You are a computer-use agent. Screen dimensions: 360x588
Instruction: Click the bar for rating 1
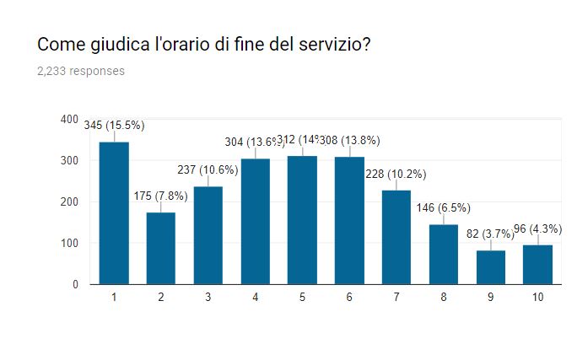[x=114, y=213]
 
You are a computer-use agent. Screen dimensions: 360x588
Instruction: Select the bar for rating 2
[x=161, y=249]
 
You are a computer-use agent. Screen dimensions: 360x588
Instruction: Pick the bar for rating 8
[x=443, y=255]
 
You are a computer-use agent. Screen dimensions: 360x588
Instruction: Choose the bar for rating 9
[x=490, y=267]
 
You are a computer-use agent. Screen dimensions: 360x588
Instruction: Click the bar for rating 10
[x=537, y=265]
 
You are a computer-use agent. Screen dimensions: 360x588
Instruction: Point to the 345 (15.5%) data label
[x=115, y=126]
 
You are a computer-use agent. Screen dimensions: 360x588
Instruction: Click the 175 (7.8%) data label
[x=161, y=196]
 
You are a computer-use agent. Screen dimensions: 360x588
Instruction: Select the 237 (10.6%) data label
[x=208, y=169]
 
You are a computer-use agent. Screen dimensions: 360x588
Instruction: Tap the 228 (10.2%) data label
[x=396, y=175]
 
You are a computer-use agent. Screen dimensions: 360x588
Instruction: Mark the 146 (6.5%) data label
[x=443, y=208]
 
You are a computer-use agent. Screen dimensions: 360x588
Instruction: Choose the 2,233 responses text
[x=81, y=71]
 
